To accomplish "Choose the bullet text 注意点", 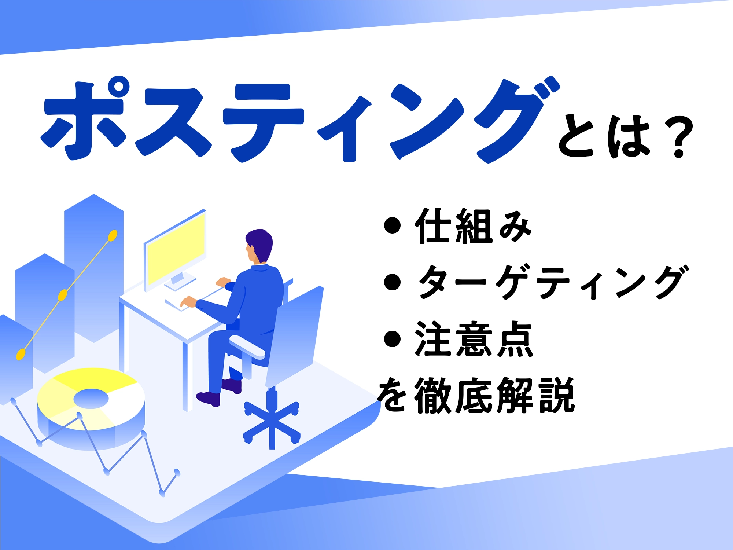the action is (x=474, y=339).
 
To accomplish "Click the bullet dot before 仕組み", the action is (x=392, y=225).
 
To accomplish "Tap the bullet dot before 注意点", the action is (x=392, y=339).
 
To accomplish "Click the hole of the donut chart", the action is (x=91, y=399).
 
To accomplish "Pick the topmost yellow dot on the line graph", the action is (x=113, y=236).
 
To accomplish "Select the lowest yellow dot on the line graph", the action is (x=21, y=355).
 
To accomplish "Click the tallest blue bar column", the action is (x=94, y=268).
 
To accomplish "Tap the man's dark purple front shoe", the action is (x=208, y=399).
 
